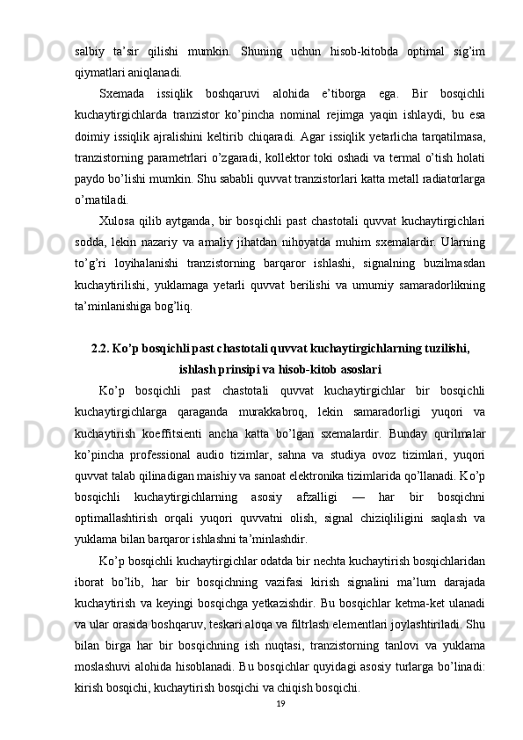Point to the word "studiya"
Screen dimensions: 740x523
[342, 454]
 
